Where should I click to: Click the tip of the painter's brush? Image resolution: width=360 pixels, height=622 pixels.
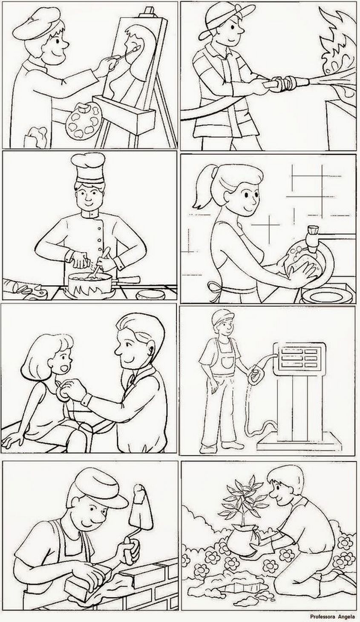pos(138,49)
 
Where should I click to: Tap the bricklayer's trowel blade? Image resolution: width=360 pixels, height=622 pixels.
pos(141,503)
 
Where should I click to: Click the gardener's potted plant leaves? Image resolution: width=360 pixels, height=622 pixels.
pos(243,494)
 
